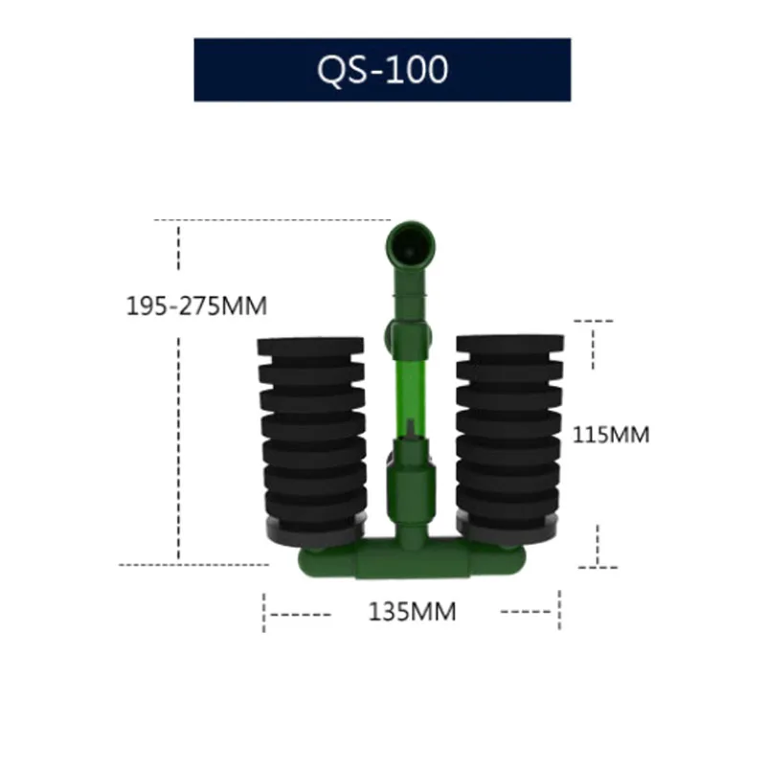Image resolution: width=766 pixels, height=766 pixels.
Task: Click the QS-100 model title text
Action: tap(382, 70)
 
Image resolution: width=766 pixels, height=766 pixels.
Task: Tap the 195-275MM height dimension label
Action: tap(196, 306)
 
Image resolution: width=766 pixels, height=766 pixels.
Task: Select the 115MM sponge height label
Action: tap(611, 434)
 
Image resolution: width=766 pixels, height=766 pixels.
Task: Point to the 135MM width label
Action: tap(413, 611)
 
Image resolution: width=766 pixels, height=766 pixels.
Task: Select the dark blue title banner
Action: tap(239, 70)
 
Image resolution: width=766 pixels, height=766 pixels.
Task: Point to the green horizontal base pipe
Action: tap(412, 561)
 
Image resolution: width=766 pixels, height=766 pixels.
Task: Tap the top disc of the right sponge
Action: tap(509, 343)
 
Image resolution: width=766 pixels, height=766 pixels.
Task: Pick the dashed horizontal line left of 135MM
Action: tap(298, 611)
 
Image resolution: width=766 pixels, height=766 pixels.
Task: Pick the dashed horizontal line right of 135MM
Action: tap(527, 611)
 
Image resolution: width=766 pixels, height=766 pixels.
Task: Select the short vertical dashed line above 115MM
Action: tap(595, 346)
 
